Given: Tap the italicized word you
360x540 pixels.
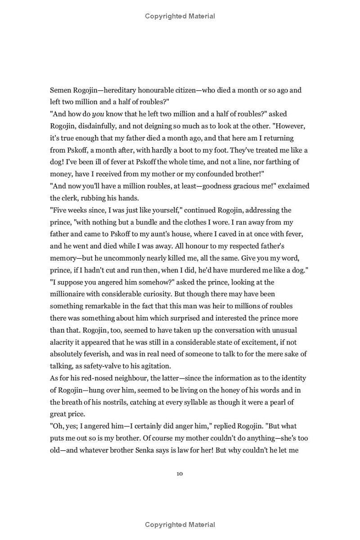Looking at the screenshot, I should [x=98, y=114].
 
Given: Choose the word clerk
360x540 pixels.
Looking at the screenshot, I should [x=70, y=198].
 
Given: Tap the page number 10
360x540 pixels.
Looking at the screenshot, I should [x=180, y=473].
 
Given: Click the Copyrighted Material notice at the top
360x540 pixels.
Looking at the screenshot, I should [x=180, y=16].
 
